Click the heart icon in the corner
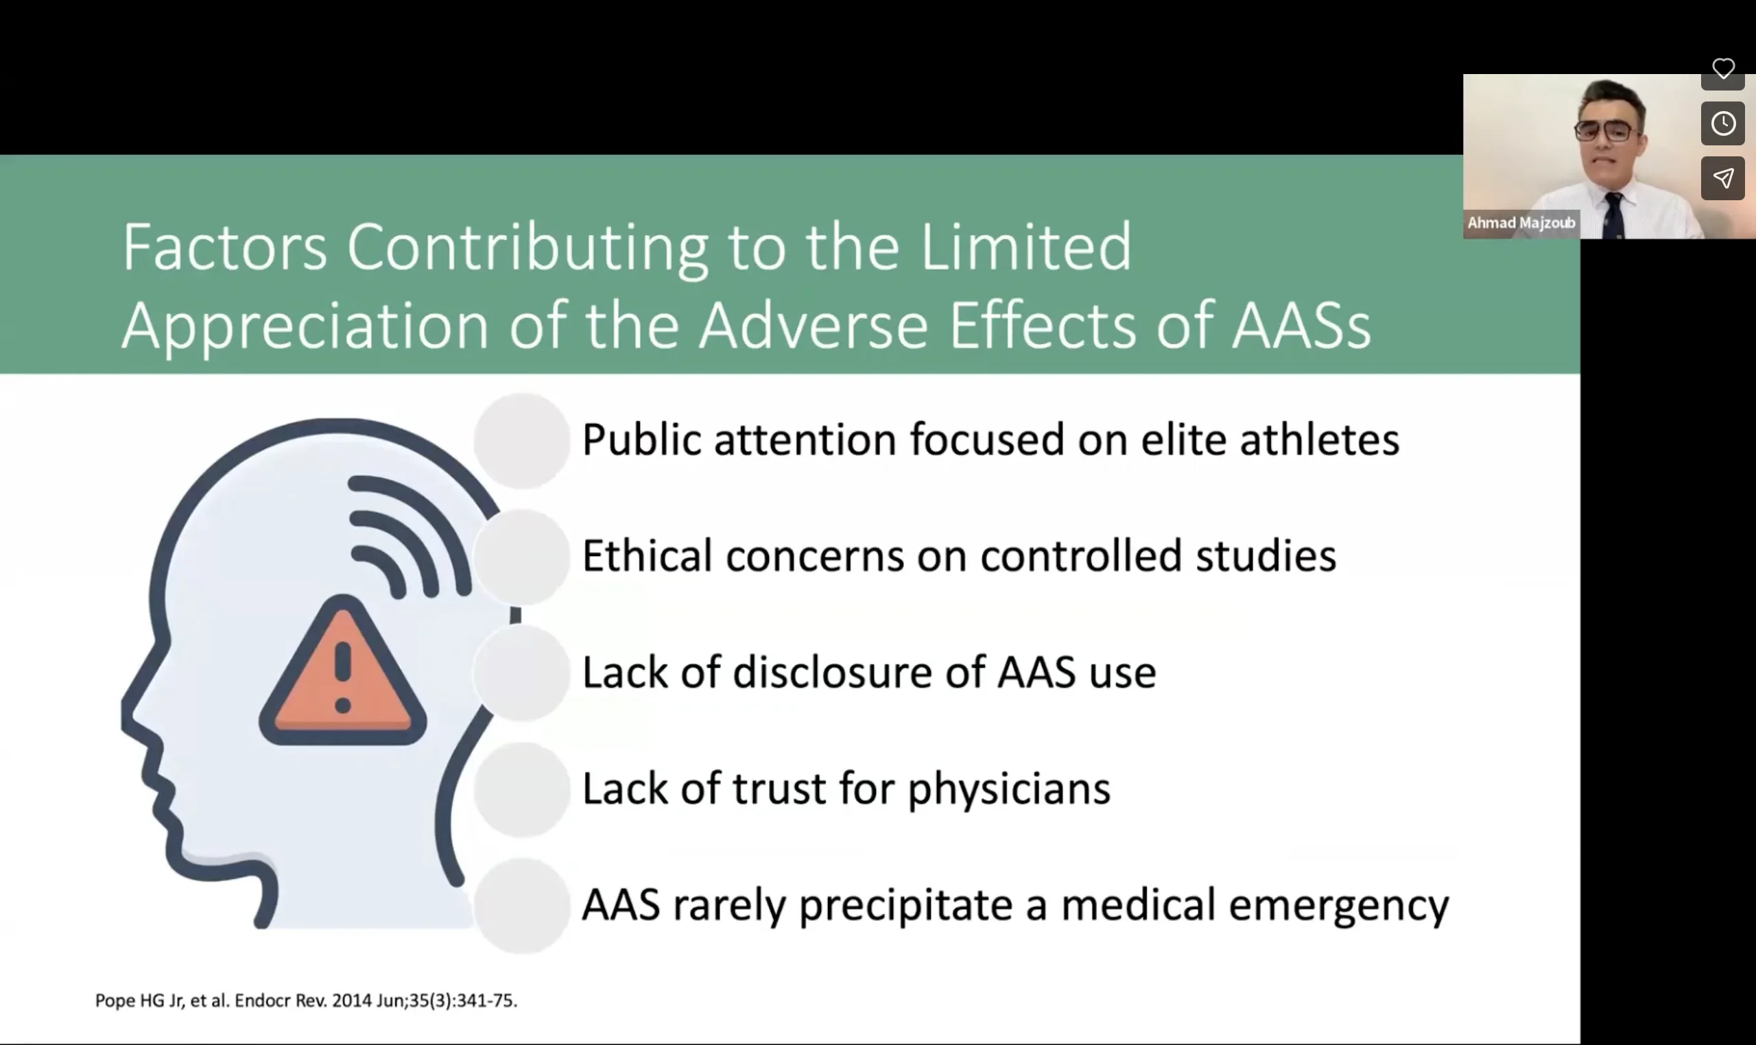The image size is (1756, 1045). (1723, 69)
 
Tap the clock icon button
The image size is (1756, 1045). (1723, 123)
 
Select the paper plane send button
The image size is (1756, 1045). (1723, 178)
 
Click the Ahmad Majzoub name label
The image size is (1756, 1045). (1521, 224)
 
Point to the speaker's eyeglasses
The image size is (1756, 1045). (1605, 131)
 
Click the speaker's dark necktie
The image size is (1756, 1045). (1613, 215)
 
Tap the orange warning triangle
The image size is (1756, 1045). (343, 671)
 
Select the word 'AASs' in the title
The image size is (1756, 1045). (1302, 325)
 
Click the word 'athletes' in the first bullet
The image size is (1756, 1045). (1319, 440)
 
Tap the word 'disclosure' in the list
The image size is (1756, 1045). (833, 672)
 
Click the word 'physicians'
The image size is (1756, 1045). (1008, 789)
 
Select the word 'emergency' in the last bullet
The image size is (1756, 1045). (1338, 906)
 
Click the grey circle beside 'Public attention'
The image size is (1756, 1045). (522, 440)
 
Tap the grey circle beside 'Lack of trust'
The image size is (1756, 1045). (522, 789)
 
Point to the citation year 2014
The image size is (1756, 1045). (351, 1000)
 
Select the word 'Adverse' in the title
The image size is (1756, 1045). (814, 325)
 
